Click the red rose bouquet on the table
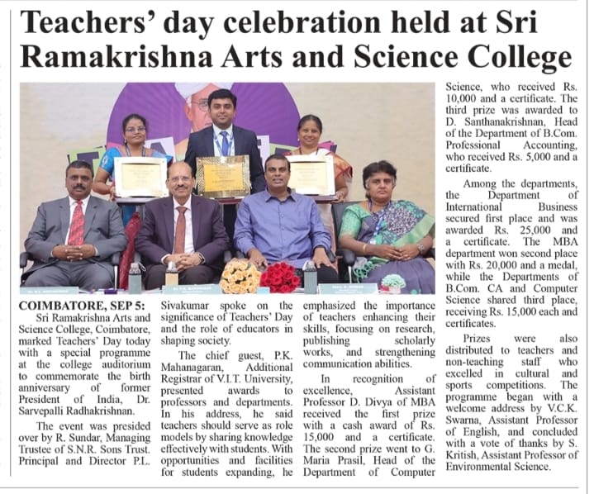click(281, 277)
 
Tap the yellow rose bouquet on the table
click(240, 276)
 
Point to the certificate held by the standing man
click(223, 175)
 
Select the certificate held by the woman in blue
click(140, 177)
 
